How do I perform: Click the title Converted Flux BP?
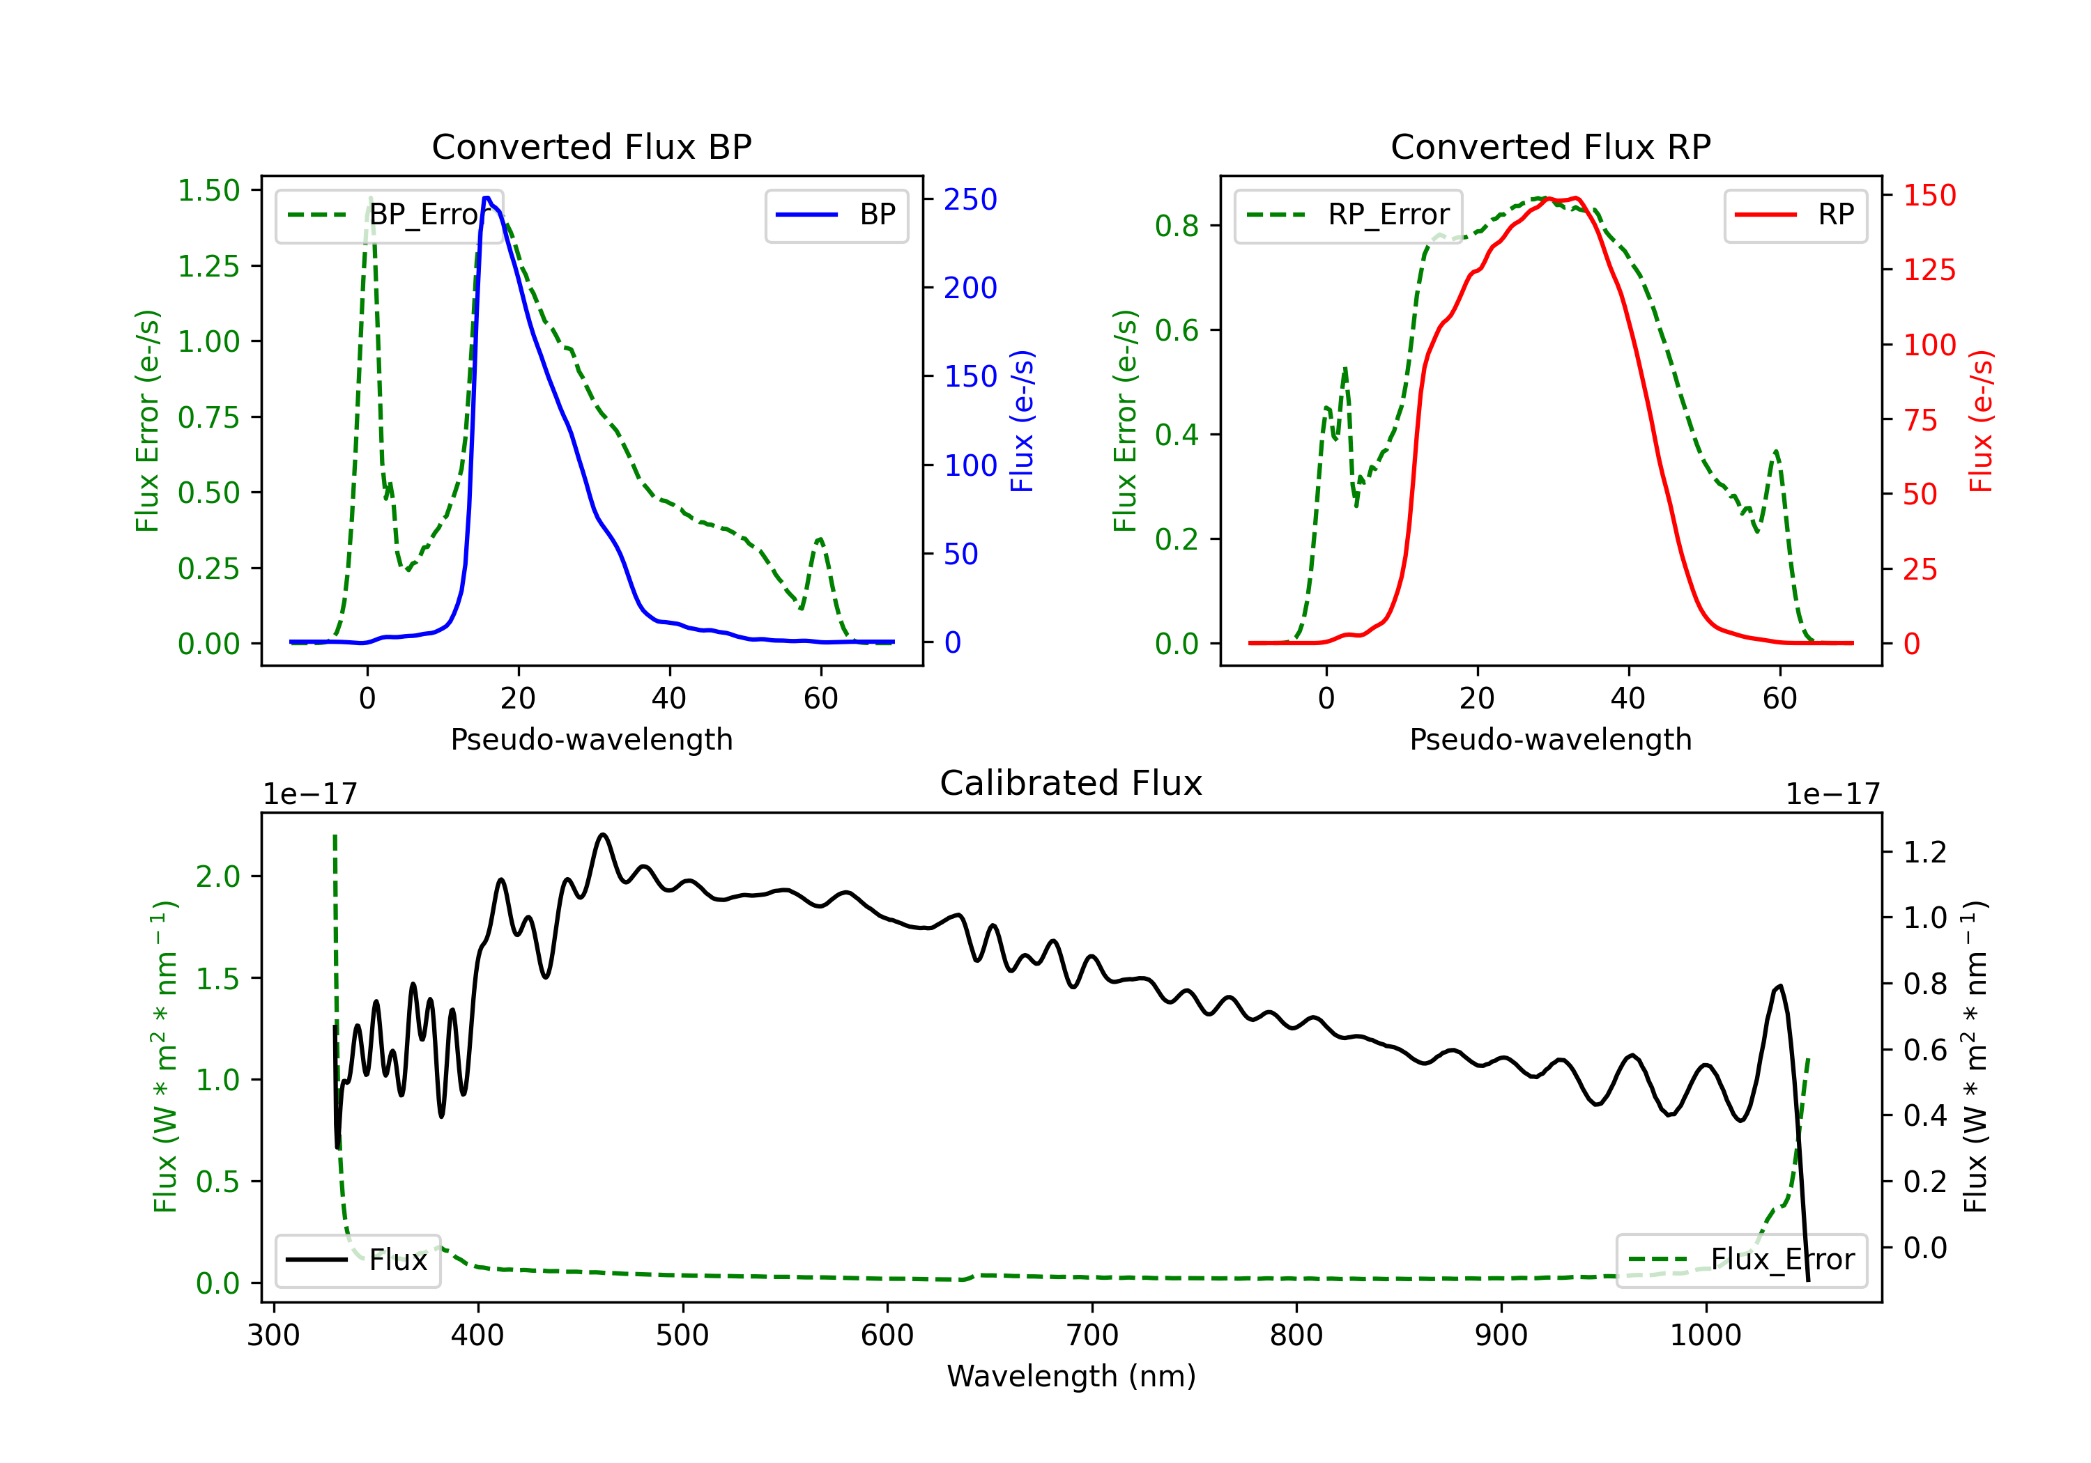[592, 146]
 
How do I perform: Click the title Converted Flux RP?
[1551, 146]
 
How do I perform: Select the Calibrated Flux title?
[1071, 783]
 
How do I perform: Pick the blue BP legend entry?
[836, 215]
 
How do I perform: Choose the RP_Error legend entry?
[1348, 215]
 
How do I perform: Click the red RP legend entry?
[1795, 215]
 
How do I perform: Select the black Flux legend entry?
[357, 1260]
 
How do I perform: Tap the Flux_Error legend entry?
[1741, 1260]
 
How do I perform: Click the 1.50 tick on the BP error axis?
[208, 190]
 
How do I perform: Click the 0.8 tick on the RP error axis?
[1177, 226]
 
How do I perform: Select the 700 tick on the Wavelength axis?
[1092, 1336]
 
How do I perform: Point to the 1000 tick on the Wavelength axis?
[1706, 1336]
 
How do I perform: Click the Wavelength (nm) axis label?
[1071, 1377]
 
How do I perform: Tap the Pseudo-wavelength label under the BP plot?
[592, 739]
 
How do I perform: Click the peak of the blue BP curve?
[487, 198]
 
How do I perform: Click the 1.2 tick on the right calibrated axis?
[1925, 852]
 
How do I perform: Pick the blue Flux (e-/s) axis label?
[1022, 421]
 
